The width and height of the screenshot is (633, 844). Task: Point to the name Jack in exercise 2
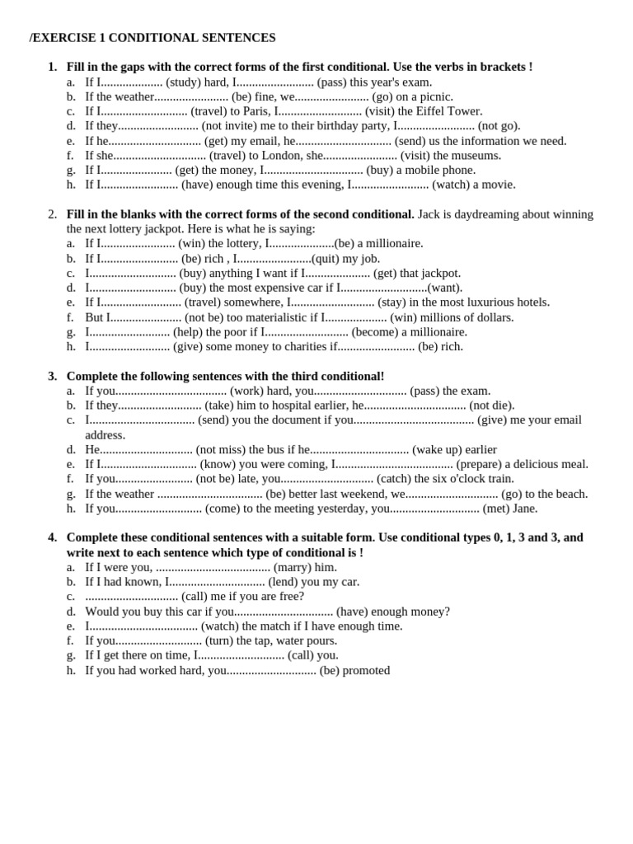point(429,214)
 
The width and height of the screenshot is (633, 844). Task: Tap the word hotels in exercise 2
point(531,302)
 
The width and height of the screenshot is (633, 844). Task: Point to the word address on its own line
point(105,435)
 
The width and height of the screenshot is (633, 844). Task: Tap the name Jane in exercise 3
point(524,509)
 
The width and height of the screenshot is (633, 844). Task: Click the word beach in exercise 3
point(570,494)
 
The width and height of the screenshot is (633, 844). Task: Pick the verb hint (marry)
point(293,567)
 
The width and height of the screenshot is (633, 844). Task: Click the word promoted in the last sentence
point(366,670)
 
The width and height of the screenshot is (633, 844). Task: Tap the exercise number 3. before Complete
point(52,376)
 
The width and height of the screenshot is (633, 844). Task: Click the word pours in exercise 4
point(321,640)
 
